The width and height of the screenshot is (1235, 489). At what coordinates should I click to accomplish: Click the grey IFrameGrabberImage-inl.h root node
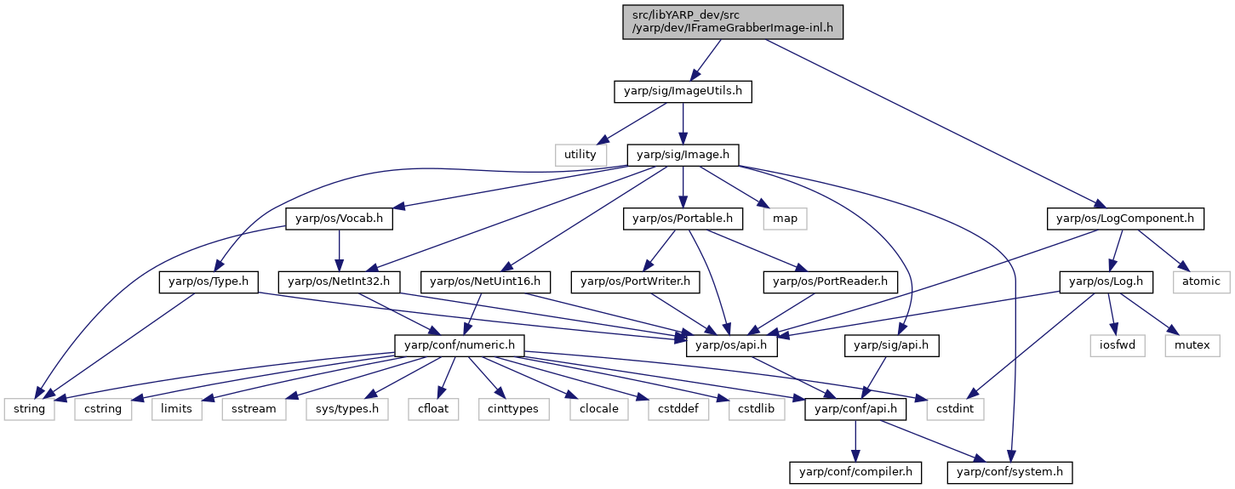733,22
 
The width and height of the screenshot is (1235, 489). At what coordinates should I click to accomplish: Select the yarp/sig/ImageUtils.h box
683,91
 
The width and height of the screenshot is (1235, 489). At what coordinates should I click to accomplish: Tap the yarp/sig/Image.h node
683,155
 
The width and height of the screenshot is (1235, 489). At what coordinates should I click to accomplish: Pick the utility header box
580,155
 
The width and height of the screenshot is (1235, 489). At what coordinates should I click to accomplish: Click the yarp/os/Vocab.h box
339,219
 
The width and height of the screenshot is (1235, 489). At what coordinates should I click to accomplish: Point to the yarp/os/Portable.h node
683,219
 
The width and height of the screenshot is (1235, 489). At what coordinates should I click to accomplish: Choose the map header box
785,219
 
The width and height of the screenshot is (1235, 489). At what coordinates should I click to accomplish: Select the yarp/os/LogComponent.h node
1125,219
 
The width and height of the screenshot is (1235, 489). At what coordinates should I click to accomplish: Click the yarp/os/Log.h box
1106,282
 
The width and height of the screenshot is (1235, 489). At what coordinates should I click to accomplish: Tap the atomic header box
1201,282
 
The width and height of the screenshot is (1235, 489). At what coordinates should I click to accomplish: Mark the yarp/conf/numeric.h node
460,345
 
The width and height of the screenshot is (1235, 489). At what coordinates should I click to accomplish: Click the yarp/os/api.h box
732,345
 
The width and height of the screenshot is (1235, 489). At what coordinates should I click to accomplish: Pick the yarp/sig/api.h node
891,345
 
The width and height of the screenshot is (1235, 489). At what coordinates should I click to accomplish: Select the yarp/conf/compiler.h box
855,473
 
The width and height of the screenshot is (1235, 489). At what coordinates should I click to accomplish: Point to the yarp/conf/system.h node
1010,473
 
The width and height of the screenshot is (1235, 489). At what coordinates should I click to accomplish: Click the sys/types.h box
347,409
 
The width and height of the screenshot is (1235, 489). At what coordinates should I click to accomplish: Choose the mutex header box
1192,345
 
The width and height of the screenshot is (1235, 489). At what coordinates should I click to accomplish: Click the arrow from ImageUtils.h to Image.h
683,122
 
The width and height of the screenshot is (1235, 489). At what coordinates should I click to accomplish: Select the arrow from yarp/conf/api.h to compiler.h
855,441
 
